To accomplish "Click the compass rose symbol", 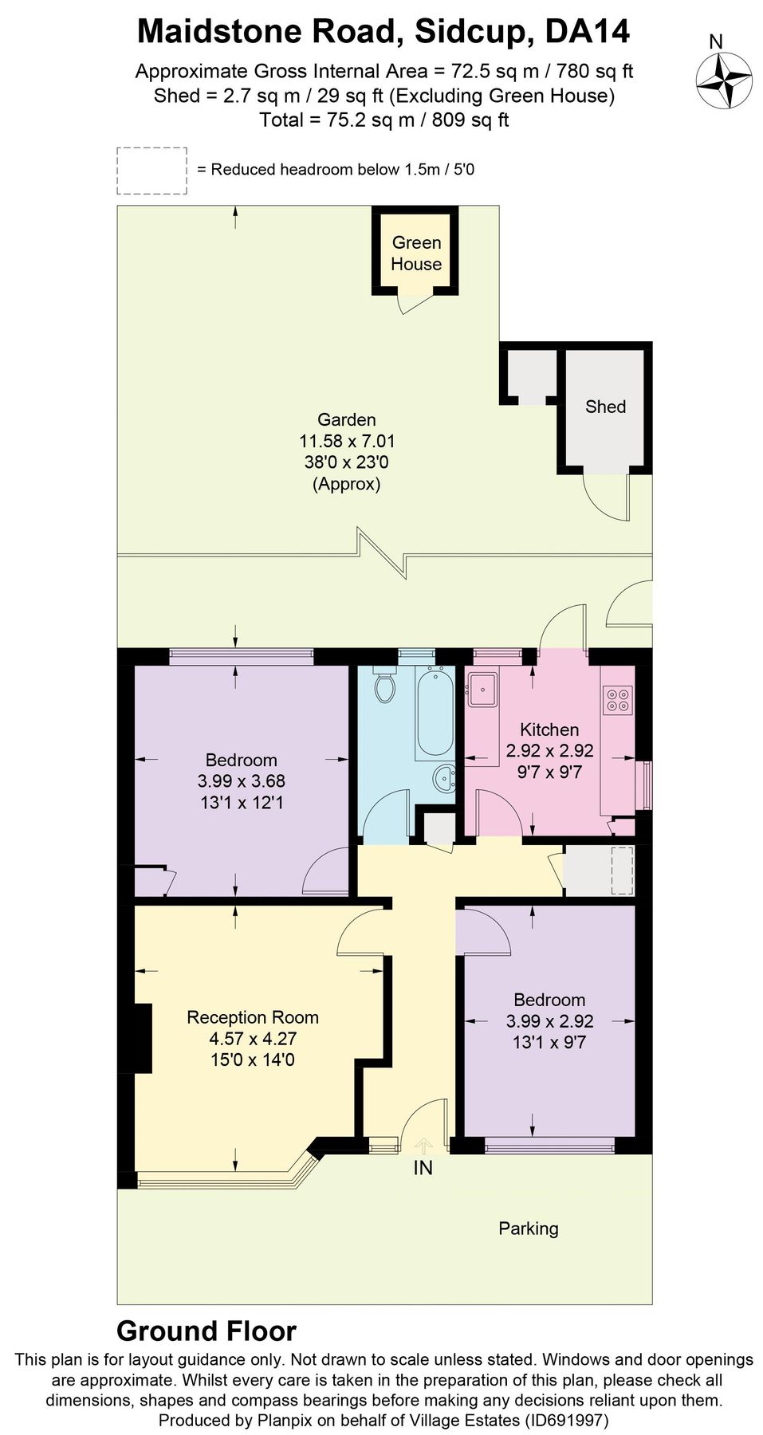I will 724,80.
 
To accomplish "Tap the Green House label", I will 416,254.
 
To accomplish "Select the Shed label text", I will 605,407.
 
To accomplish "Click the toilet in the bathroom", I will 385,687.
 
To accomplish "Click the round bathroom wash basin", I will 444,777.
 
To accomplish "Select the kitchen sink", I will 482,689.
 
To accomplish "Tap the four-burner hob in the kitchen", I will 618,699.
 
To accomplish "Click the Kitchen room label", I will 549,729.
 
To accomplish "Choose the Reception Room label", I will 252,1017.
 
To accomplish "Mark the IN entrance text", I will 423,1168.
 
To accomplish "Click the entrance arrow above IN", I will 423,1146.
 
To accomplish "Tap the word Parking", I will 528,1229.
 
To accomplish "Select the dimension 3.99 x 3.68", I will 241,781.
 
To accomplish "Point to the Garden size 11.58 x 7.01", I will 347,441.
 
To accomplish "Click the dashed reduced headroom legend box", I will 151,171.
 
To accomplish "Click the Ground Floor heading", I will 206,1331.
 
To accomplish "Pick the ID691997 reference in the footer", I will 565,1420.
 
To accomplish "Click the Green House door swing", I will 412,304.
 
